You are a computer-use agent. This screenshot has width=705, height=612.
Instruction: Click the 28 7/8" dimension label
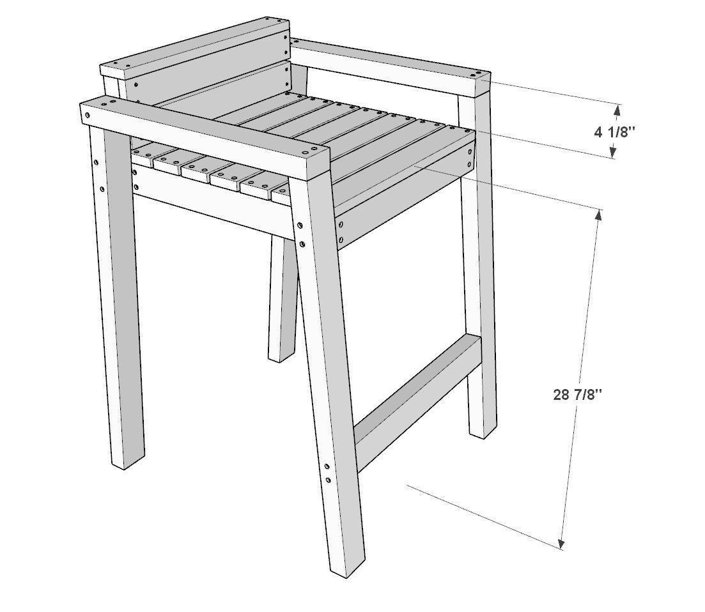[577, 395]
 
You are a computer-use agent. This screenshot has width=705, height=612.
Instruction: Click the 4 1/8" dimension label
[615, 132]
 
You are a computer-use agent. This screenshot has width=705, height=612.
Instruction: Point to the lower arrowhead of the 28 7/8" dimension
[561, 544]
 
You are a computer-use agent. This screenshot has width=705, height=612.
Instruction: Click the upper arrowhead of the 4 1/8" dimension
[617, 110]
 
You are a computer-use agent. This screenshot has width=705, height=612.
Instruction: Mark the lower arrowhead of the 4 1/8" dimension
[613, 153]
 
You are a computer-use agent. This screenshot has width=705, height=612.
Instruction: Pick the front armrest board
[205, 137]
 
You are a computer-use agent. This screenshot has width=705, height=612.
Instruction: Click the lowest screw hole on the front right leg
[329, 480]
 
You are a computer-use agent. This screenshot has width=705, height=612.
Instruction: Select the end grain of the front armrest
[320, 163]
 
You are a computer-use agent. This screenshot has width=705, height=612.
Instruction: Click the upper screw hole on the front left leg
[97, 162]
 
